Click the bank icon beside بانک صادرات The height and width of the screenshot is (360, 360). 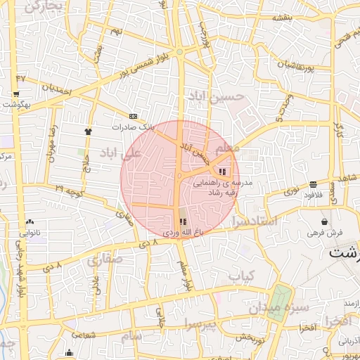point(134,116)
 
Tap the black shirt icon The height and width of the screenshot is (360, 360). point(88,131)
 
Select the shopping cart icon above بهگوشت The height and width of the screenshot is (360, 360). point(15,94)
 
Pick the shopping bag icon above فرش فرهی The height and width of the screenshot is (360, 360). point(324,221)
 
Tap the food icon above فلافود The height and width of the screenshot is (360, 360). point(312,184)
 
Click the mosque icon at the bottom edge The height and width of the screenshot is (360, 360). point(69,353)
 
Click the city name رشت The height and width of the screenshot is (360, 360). point(344,252)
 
